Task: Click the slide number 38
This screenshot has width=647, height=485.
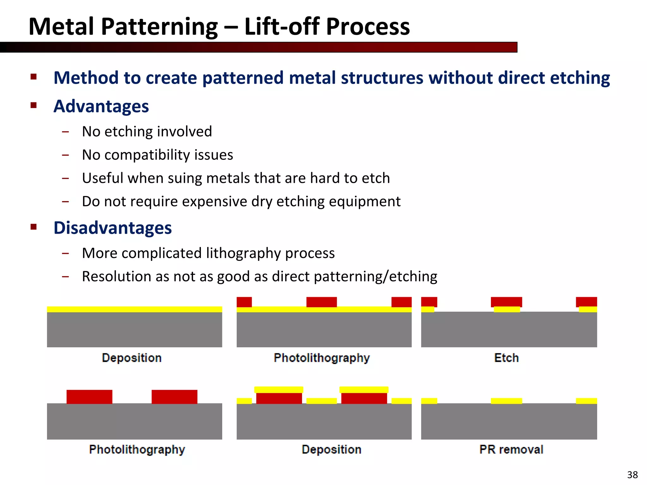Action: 632,475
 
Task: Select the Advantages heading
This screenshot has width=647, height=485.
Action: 101,106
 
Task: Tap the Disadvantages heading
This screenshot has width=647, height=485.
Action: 112,228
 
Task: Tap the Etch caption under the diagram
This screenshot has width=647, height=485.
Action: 506,358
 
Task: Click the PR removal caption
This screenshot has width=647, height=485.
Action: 511,449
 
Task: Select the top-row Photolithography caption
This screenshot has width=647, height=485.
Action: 322,358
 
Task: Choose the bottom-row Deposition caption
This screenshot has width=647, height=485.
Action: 331,449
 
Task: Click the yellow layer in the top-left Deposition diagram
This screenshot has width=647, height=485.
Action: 134,309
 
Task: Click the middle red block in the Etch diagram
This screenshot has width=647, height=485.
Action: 506,302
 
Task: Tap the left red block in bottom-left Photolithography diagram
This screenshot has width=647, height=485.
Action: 89,397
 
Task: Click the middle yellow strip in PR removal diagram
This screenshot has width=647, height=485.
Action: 506,401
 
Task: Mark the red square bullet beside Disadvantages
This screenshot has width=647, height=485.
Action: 34,227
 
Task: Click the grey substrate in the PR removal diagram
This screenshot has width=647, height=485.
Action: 509,422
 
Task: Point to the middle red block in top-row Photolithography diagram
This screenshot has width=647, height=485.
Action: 321,302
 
